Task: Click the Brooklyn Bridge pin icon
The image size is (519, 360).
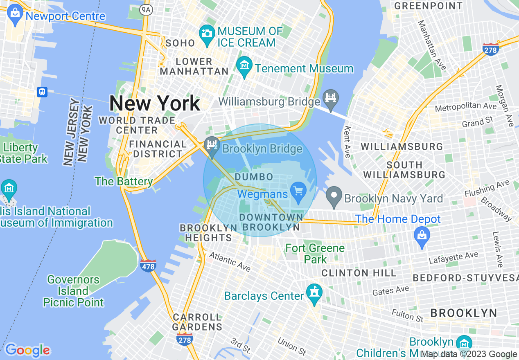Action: (212, 146)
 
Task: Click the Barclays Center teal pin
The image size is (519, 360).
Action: (314, 293)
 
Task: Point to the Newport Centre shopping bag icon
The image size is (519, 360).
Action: (15, 14)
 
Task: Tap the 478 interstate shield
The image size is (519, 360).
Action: (148, 266)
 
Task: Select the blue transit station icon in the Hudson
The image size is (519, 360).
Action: (42, 92)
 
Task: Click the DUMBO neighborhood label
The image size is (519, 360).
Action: (254, 177)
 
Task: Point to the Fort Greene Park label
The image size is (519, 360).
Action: (315, 254)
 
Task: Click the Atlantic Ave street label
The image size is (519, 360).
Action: (230, 262)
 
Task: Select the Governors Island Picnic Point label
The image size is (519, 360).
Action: (73, 291)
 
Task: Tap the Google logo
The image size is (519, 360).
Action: (28, 350)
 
